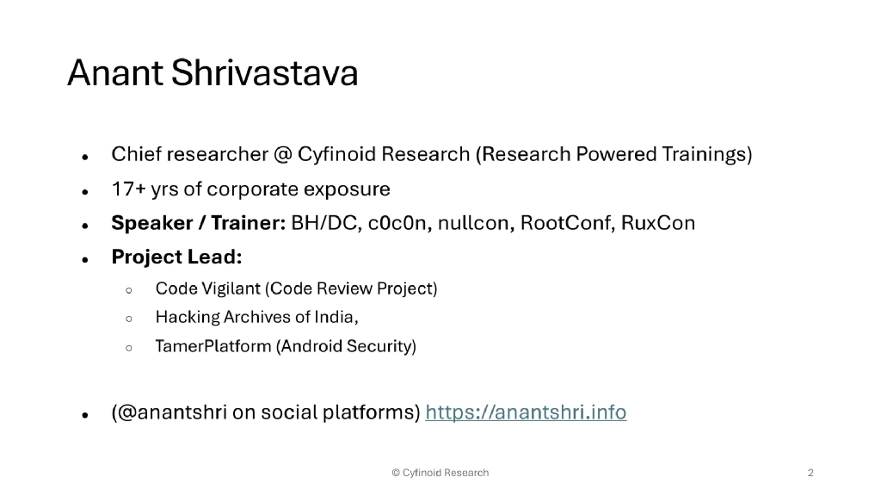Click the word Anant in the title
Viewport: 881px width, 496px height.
point(115,74)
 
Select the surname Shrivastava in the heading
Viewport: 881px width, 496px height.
point(264,74)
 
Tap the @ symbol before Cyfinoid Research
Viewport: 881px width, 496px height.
point(282,155)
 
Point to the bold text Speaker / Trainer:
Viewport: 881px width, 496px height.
point(199,224)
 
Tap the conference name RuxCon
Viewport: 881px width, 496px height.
point(658,224)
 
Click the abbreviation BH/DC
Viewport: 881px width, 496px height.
point(326,224)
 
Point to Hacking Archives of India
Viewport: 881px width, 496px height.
point(256,318)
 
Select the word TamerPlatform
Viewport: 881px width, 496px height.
point(213,347)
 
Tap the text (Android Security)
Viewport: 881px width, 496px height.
point(346,347)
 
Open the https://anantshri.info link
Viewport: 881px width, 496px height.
point(527,412)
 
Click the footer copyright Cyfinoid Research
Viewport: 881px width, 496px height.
point(440,473)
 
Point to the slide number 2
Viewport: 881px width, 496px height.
point(810,473)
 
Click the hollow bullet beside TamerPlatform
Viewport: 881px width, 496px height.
point(128,348)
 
